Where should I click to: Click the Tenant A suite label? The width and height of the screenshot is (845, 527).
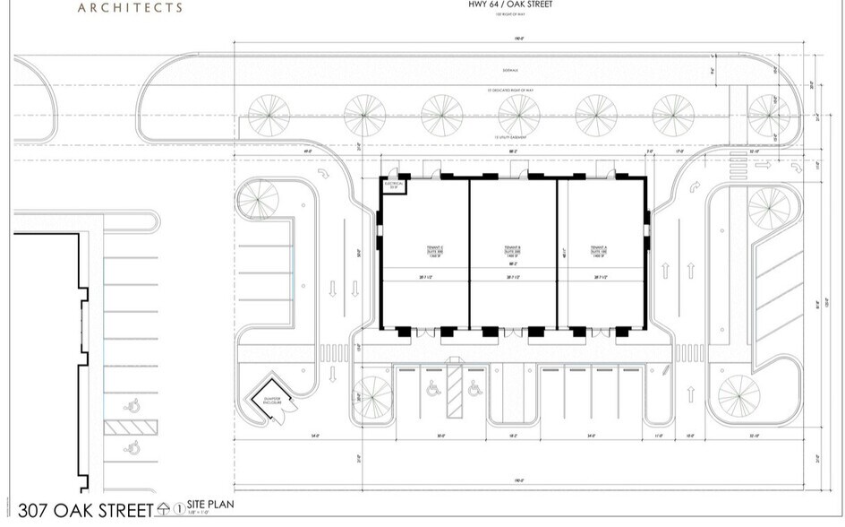coord(600,250)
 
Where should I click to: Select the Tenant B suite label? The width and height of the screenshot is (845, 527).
coord(513,250)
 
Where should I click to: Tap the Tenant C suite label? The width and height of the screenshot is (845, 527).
coord(424,250)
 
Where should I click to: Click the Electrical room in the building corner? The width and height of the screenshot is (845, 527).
coord(394,186)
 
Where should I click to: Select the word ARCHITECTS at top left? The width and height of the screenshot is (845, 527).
coord(130,8)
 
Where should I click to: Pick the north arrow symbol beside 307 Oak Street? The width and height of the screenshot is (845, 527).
coord(163,510)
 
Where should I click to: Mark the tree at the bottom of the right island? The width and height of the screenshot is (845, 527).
coord(739,394)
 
